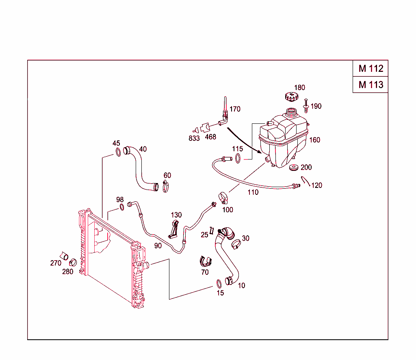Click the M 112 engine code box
(370, 69)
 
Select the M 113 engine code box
(370, 85)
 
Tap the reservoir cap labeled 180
(291, 97)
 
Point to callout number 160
(315, 140)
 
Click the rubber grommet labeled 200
(294, 168)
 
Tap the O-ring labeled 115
(238, 158)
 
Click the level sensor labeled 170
(225, 112)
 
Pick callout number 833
(194, 138)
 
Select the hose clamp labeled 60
(166, 187)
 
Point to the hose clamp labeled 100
(222, 198)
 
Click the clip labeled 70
(206, 262)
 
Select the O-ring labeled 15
(219, 283)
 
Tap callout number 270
(56, 263)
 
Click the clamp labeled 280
(73, 262)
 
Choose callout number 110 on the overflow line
(253, 192)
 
